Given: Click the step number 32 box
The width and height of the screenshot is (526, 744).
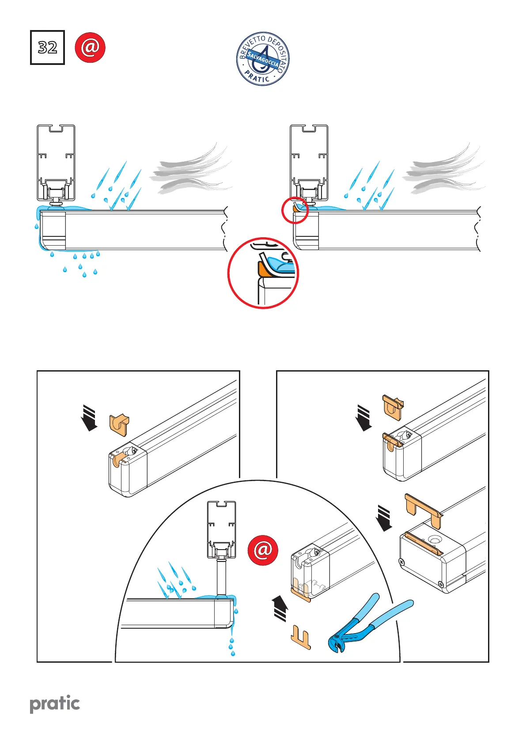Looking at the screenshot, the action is pyautogui.click(x=47, y=47).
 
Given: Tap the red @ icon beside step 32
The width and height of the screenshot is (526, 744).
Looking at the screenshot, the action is pyautogui.click(x=90, y=47).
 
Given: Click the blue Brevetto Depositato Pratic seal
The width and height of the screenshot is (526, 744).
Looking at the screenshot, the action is pyautogui.click(x=263, y=59).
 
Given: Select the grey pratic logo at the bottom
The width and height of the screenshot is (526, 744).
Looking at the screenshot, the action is pyautogui.click(x=55, y=704).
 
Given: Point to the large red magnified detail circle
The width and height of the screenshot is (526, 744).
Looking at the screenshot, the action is pyautogui.click(x=263, y=273).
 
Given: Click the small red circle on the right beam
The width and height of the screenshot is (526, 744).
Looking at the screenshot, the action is pyautogui.click(x=295, y=211).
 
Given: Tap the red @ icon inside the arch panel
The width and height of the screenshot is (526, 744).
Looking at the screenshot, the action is pyautogui.click(x=263, y=550).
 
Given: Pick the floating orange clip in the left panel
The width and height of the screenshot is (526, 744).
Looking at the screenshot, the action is pyautogui.click(x=119, y=424).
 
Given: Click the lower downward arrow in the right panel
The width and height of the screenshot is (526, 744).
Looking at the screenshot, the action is pyautogui.click(x=385, y=518).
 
